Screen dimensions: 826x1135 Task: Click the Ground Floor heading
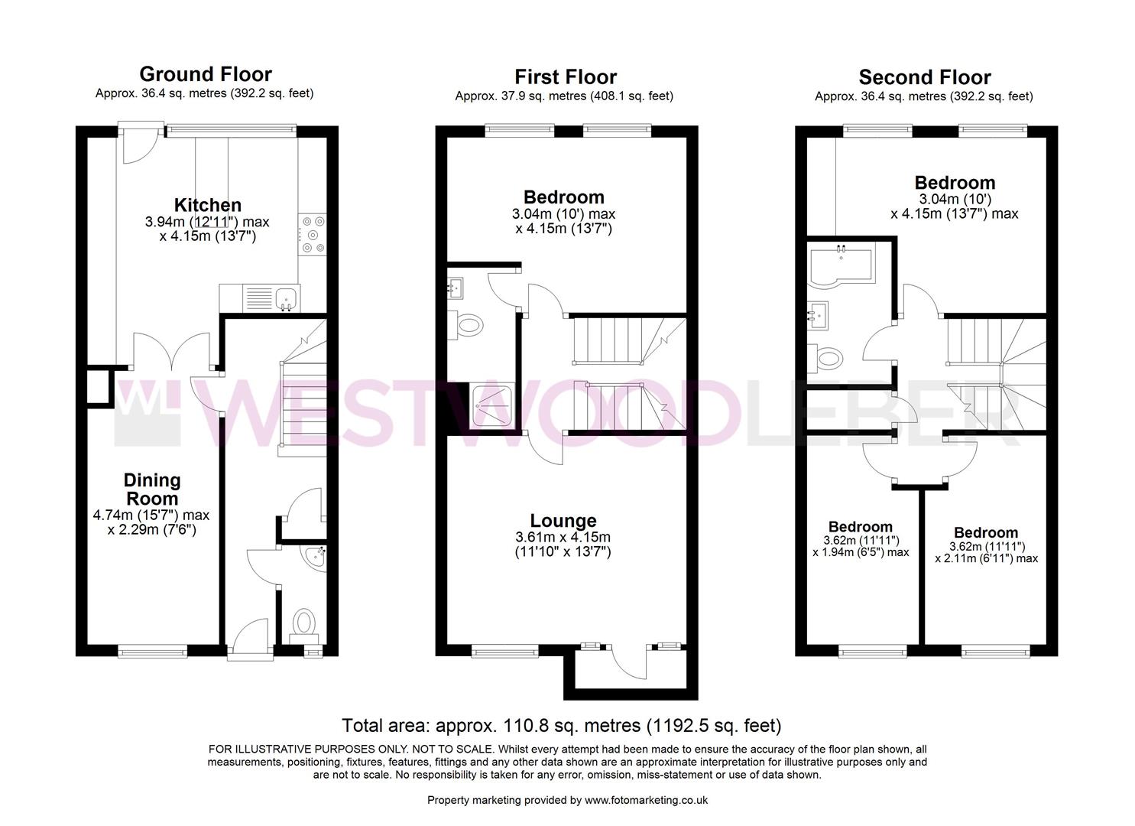(205, 74)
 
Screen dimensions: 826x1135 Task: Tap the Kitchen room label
(208, 205)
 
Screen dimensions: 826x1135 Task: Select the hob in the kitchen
(313, 234)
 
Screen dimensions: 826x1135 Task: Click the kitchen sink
(287, 298)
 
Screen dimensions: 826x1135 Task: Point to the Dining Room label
(152, 489)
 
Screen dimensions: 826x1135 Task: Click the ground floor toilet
(304, 622)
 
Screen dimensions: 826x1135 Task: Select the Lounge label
(563, 521)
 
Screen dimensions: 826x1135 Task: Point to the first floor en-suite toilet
(467, 325)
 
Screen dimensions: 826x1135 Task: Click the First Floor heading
(565, 76)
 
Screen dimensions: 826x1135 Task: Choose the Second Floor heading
(924, 77)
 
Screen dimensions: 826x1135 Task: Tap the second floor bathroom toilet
(827, 357)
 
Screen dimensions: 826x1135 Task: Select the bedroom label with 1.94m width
(860, 527)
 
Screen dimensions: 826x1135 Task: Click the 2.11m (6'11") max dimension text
(986, 558)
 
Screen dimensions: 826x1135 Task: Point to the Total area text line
(561, 725)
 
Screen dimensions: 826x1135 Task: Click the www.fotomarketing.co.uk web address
(646, 800)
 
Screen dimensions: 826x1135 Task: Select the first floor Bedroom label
(563, 197)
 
